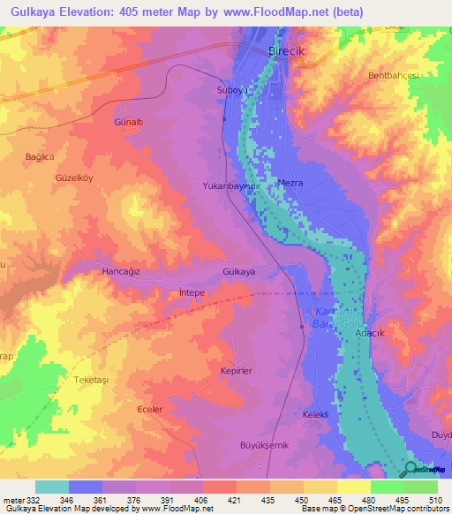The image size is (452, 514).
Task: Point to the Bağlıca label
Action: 40,156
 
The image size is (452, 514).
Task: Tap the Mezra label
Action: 290,183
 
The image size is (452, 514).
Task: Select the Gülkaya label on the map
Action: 239,272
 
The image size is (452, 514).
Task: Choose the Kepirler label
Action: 236,372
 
